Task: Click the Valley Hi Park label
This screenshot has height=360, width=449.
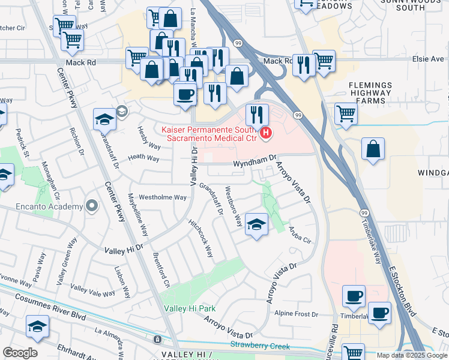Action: click(190, 308)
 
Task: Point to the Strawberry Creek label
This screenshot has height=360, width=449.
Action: click(260, 346)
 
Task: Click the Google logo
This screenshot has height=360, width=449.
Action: click(20, 353)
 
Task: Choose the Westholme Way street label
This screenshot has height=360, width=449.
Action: click(163, 197)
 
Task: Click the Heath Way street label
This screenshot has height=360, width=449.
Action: click(144, 159)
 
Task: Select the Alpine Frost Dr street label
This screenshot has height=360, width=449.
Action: click(296, 314)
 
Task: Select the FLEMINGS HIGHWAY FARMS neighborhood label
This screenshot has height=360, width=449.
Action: click(370, 93)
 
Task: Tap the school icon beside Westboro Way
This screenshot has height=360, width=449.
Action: click(257, 225)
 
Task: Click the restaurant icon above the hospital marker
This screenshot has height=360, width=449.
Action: click(257, 113)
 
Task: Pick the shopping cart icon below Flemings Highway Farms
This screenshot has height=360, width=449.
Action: click(346, 113)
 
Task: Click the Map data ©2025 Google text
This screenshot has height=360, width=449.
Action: click(411, 355)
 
